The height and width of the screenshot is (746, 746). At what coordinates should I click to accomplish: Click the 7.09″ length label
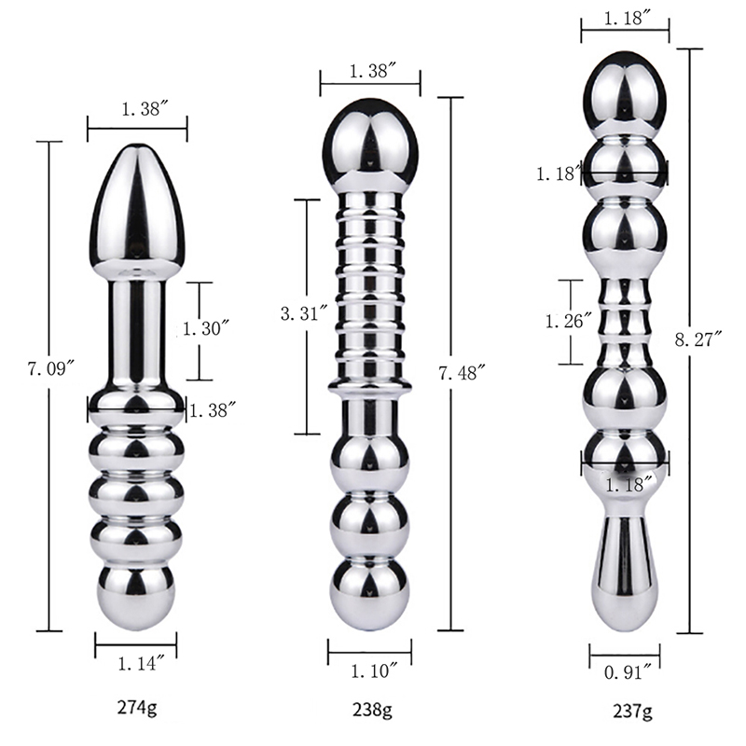(x=51, y=368)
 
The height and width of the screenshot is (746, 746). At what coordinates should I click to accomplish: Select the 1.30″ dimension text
(x=206, y=328)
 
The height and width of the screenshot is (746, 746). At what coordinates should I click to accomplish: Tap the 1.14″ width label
(x=142, y=663)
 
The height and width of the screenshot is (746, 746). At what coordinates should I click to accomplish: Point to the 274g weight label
(x=136, y=709)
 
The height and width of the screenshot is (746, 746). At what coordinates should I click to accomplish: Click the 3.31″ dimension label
(x=304, y=314)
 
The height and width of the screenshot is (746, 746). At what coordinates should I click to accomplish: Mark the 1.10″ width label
(x=374, y=671)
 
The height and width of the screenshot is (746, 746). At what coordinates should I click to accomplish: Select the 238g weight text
(x=372, y=710)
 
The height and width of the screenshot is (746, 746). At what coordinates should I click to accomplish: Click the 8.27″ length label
(x=698, y=339)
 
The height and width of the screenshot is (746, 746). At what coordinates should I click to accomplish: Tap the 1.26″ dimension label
(x=570, y=322)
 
